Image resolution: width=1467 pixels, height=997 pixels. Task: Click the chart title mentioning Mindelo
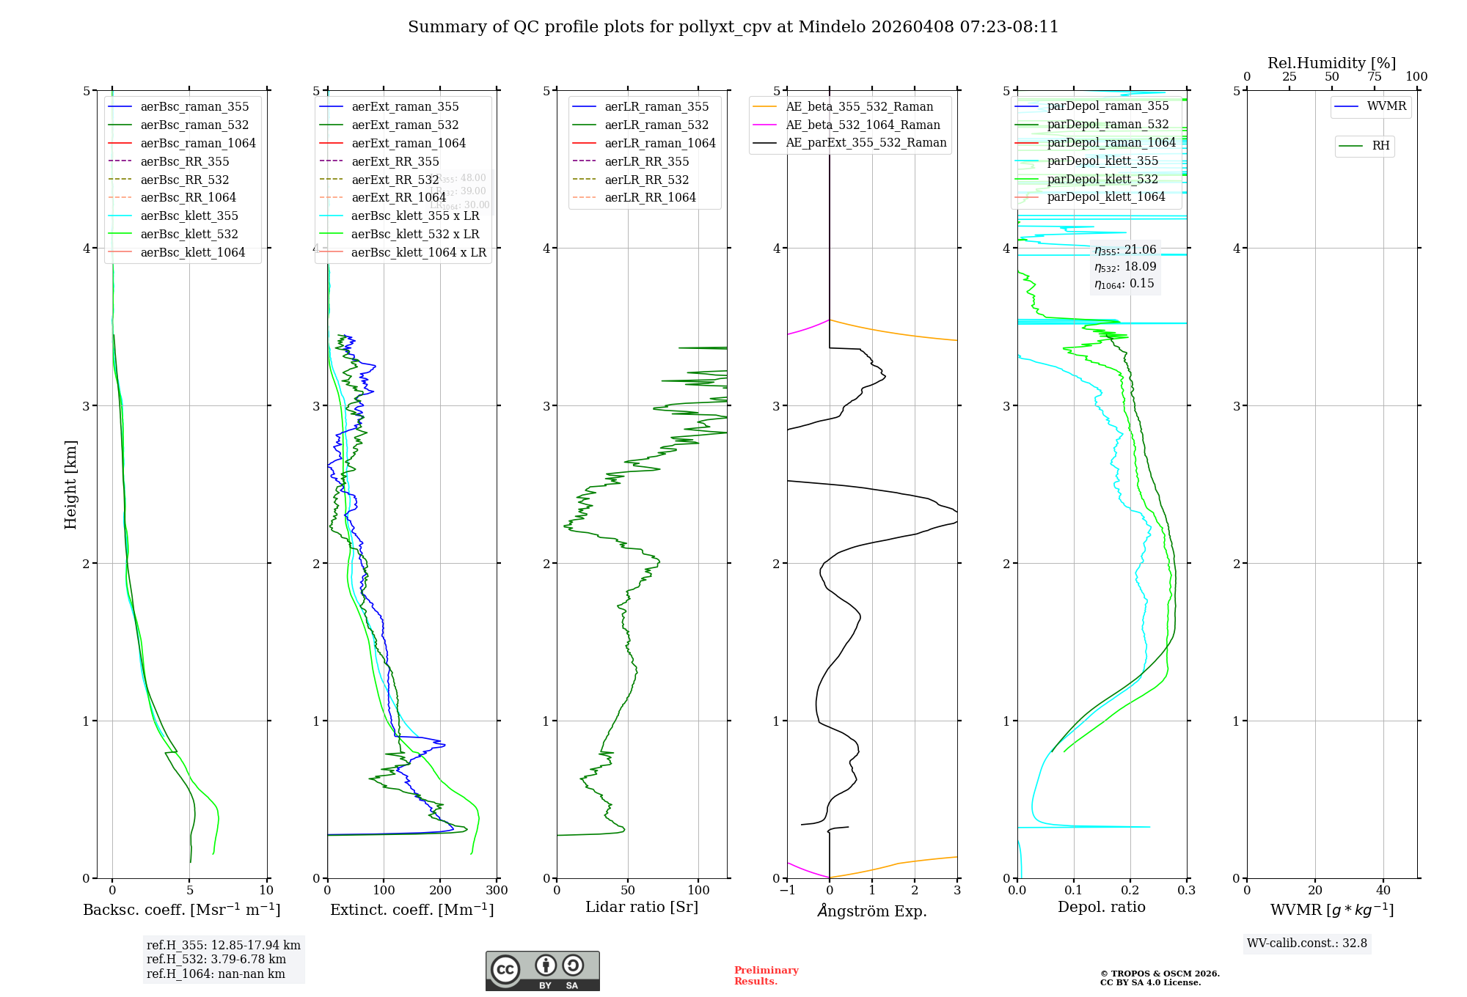[x=733, y=27]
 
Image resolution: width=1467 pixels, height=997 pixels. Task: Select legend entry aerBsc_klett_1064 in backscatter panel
[x=192, y=252]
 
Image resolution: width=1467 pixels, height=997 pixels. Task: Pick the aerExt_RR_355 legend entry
[x=395, y=161]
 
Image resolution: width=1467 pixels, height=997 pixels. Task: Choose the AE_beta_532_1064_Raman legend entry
[x=863, y=125]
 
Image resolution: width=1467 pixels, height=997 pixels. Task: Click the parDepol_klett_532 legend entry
[x=1102, y=179]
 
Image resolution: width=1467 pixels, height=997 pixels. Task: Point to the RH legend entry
[x=1380, y=146]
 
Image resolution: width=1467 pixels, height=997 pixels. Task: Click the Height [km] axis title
[x=70, y=485]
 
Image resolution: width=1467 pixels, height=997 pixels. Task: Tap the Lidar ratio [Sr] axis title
[x=642, y=907]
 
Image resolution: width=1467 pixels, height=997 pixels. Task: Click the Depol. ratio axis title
[x=1101, y=907]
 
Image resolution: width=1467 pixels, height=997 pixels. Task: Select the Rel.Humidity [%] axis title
[x=1331, y=63]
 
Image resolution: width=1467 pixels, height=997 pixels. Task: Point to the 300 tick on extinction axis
[x=497, y=891]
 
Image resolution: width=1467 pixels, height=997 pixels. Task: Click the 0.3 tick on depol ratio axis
[x=1186, y=891]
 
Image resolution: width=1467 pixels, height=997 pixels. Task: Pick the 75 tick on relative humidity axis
[x=1374, y=77]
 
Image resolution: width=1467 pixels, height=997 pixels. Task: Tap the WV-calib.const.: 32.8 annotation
[x=1306, y=943]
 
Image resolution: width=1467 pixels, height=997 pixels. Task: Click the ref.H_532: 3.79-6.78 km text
[x=216, y=960]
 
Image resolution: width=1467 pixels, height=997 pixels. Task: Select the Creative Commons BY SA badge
[x=542, y=971]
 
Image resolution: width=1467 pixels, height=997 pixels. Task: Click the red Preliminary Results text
[x=766, y=976]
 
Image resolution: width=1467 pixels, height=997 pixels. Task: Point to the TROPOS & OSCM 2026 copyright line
[x=1159, y=974]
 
